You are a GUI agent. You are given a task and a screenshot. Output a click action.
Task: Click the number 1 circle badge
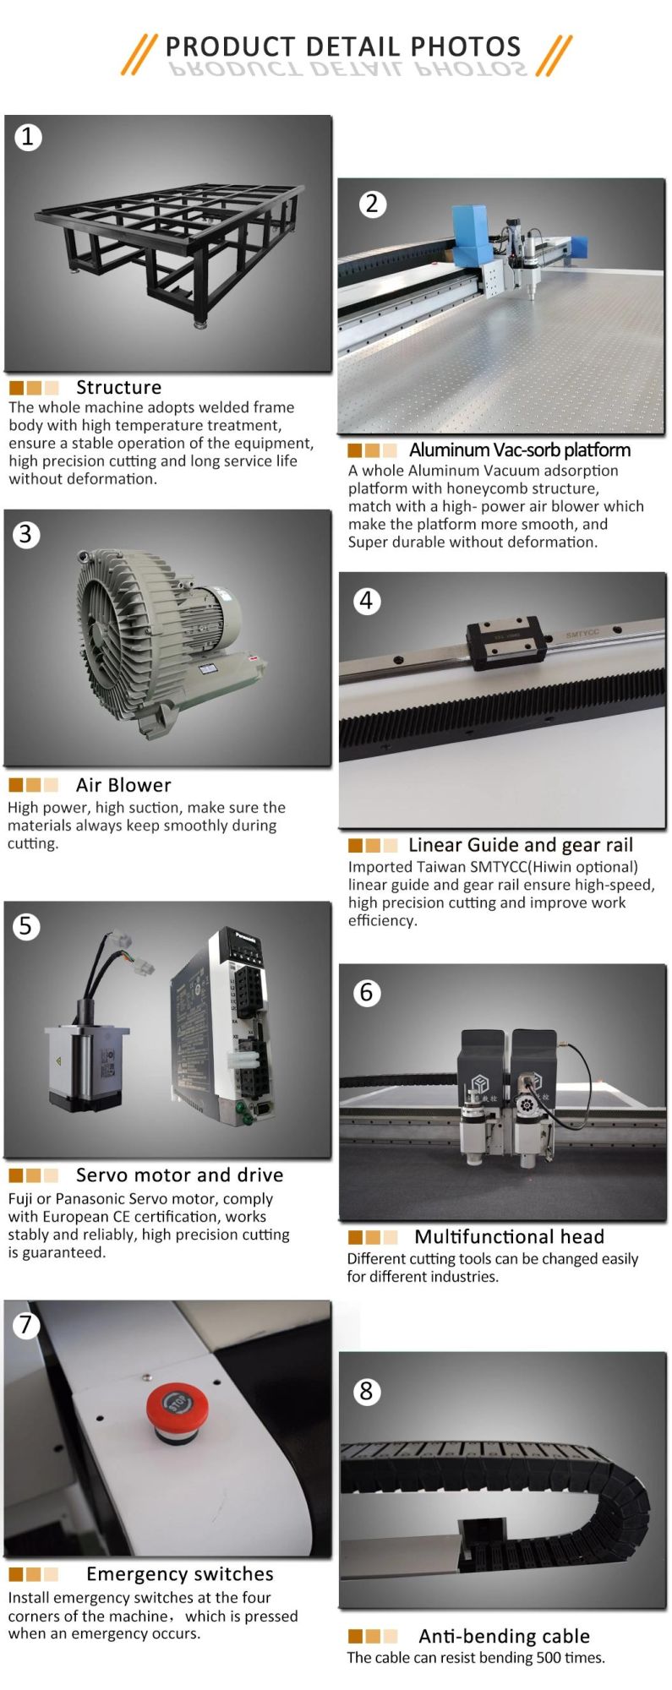click(x=28, y=136)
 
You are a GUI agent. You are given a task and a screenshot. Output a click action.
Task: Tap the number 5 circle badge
click(x=26, y=925)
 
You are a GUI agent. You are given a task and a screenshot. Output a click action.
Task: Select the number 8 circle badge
click(x=366, y=1391)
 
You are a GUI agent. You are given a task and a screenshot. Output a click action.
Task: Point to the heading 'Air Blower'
click(x=123, y=785)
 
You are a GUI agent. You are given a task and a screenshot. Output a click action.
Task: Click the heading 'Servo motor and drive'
click(x=179, y=1175)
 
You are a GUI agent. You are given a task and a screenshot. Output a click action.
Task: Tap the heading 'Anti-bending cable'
click(x=504, y=1636)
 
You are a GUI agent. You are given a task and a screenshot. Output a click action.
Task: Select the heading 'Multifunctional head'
click(x=509, y=1236)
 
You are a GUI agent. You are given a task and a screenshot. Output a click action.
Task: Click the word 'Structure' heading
click(x=118, y=387)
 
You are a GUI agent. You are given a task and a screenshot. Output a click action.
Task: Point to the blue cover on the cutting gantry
click(x=470, y=227)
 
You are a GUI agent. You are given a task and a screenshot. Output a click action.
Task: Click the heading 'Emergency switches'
click(x=180, y=1573)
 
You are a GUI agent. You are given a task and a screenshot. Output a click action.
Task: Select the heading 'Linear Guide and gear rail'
click(x=520, y=845)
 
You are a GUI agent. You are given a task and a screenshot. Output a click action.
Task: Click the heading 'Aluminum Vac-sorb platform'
click(x=520, y=450)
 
